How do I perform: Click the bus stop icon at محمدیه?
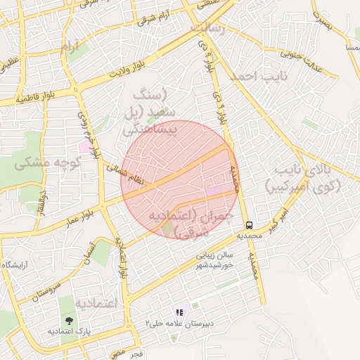249,225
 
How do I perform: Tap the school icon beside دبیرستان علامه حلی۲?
179,312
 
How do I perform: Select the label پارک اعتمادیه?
70,331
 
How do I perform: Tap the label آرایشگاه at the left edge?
14,264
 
